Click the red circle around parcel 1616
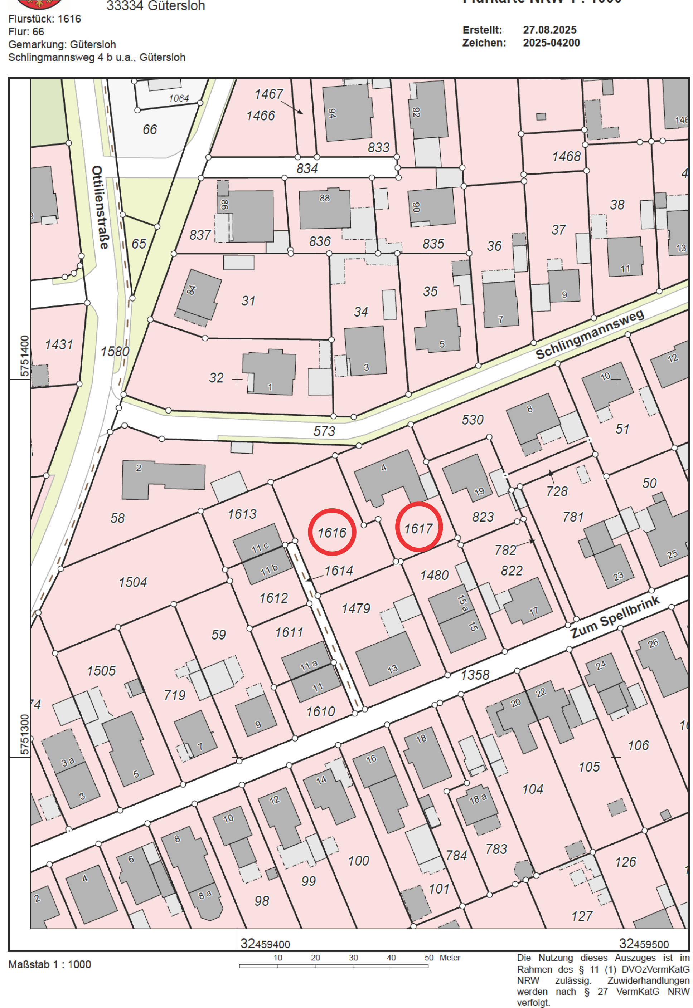tap(332, 532)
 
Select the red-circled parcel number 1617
tap(418, 527)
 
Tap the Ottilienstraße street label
tap(100, 207)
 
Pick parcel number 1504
tap(133, 582)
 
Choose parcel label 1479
tap(355, 608)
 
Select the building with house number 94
tap(347, 113)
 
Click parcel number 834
tap(307, 168)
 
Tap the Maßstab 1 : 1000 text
tap(49, 964)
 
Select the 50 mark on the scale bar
tap(428, 957)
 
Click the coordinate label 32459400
tap(265, 943)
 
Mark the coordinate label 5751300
tap(24, 734)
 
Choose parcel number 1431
tap(59, 344)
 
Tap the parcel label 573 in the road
tap(324, 431)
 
